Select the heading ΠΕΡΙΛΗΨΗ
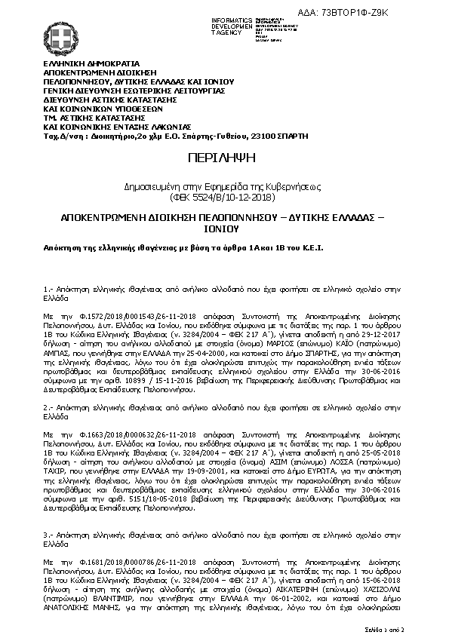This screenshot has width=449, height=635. click(x=224, y=158)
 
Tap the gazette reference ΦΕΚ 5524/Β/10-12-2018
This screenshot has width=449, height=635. click(x=224, y=196)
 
